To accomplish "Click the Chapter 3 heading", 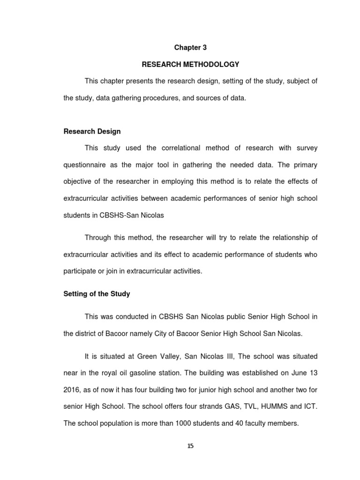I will coord(190,48).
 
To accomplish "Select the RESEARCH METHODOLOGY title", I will coord(190,64).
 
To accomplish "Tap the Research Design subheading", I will coord(92,131).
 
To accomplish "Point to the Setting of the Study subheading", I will coord(97,294).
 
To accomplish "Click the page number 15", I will coord(190,446).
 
